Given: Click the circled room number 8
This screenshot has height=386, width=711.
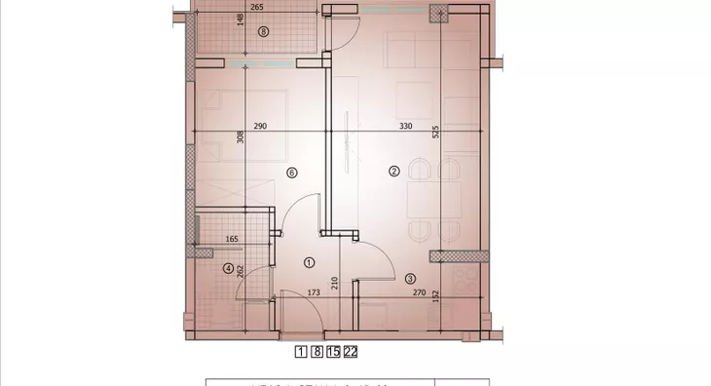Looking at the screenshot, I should pos(263,31).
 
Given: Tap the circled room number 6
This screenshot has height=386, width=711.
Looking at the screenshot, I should pos(290,173).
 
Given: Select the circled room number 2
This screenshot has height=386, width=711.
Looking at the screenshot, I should pos(393,172).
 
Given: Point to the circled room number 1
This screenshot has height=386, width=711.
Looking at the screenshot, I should pos(310,262).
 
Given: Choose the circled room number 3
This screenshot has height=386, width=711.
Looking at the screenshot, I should pos(410,278).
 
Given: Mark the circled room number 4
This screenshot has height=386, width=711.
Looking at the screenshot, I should pos(227,269).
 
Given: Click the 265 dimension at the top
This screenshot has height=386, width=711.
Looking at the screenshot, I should pos(257,7).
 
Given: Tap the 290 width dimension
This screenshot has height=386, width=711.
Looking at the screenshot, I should pos(261,127).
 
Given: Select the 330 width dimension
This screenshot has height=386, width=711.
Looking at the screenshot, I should pos(402,127).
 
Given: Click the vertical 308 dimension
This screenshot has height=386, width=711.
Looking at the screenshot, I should pos(240,138).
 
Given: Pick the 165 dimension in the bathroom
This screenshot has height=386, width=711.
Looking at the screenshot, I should pos(233,239).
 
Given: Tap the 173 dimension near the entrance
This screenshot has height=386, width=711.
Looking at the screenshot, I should pos(313,292).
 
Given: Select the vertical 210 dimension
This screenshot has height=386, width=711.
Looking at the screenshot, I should pos(335,284).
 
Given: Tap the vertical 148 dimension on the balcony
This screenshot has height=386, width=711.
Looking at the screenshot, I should pos(240,21).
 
